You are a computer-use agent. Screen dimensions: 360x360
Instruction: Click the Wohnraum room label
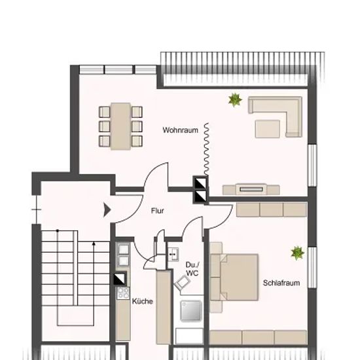click(180, 130)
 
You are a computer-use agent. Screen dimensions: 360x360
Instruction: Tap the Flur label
click(158, 211)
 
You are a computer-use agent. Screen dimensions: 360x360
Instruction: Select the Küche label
click(142, 301)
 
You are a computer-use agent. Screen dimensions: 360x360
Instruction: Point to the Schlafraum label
click(281, 283)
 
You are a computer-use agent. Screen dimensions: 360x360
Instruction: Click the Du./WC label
click(192, 269)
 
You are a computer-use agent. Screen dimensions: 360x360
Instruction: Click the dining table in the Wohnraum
click(121, 126)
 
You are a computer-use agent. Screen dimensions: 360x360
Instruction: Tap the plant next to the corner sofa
click(235, 100)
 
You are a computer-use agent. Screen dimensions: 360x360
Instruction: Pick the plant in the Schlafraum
click(298, 253)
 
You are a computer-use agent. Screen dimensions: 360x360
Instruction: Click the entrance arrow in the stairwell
click(107, 209)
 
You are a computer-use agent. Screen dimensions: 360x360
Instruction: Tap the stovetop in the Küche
click(123, 293)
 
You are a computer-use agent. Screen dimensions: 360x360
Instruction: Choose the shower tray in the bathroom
click(191, 311)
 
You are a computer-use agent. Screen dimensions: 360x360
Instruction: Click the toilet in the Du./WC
click(183, 283)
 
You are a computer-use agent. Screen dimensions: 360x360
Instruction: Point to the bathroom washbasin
click(173, 255)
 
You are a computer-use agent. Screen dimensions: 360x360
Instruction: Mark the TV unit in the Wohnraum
click(251, 189)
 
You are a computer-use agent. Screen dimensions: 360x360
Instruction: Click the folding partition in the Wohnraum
click(207, 149)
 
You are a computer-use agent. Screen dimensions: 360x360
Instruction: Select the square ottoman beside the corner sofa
click(268, 129)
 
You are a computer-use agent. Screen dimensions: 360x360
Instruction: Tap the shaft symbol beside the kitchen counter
click(120, 278)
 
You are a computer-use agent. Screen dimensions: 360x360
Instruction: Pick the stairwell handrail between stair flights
click(75, 268)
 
